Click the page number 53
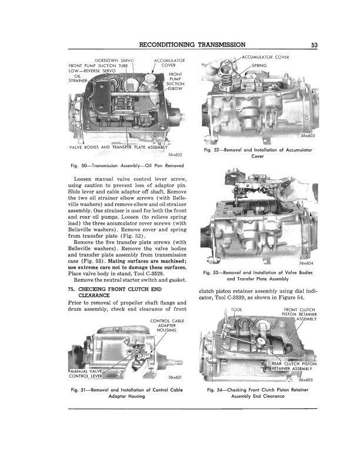pos(315,45)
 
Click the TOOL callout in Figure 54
pos(237,309)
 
